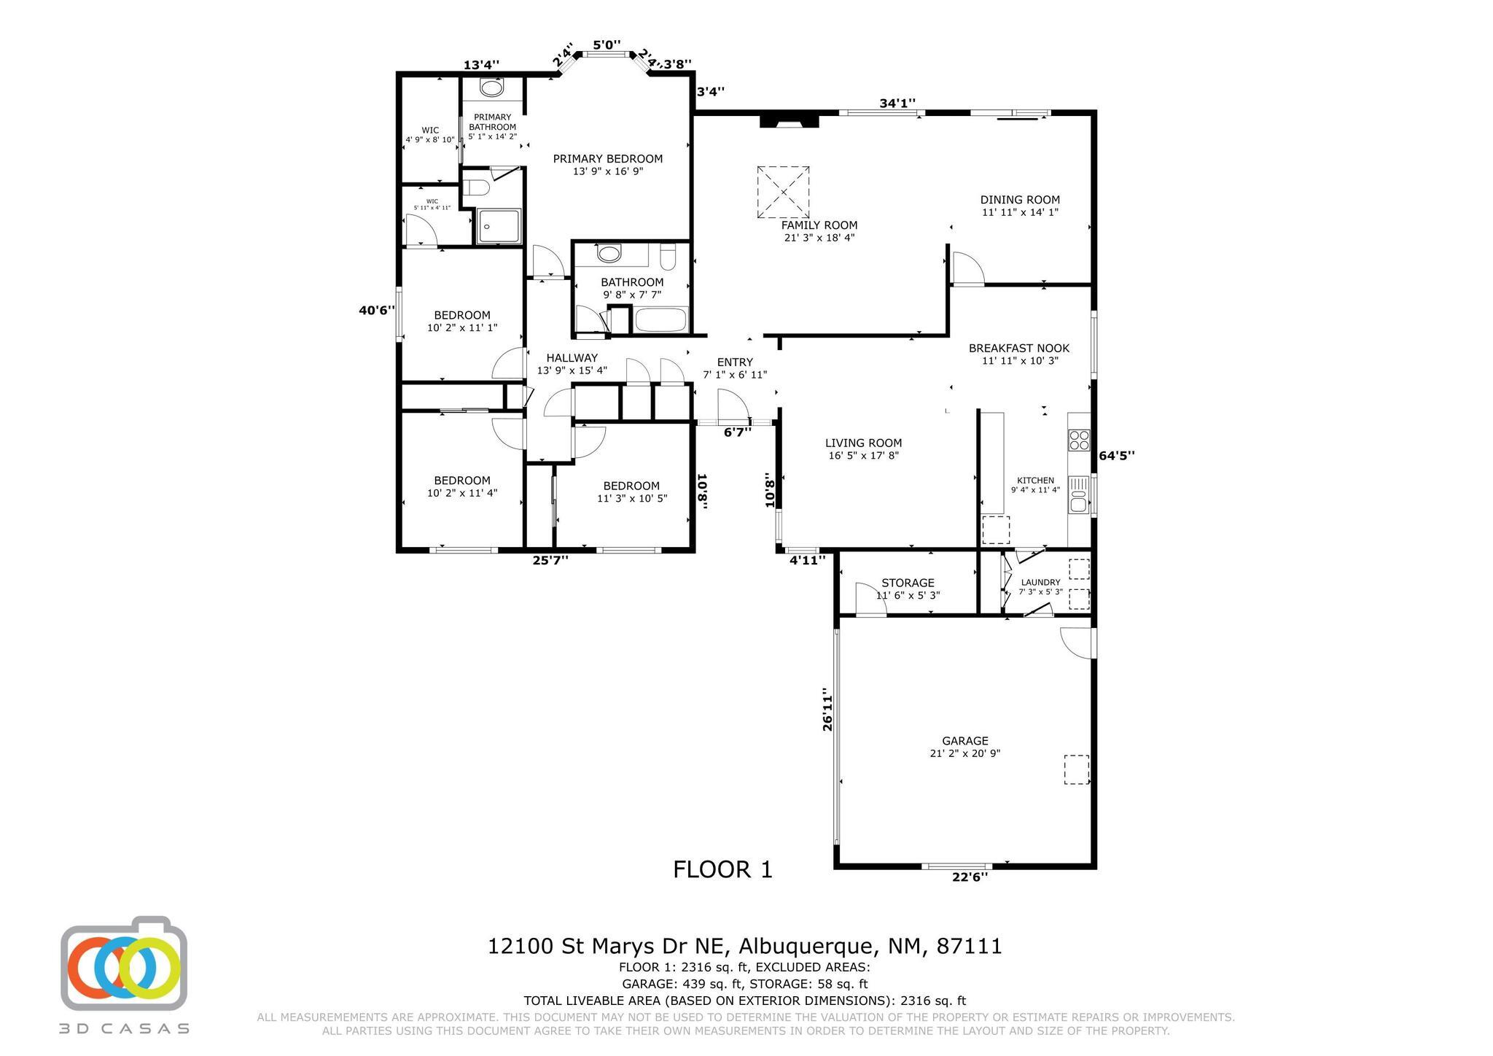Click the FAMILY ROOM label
(x=819, y=225)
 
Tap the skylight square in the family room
(x=783, y=192)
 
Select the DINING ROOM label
(x=1020, y=200)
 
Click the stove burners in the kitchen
(x=1079, y=440)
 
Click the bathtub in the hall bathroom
(x=661, y=320)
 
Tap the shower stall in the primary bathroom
(x=499, y=226)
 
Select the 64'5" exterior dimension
(x=1117, y=456)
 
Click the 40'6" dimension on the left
(x=377, y=311)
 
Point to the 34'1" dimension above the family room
(x=897, y=104)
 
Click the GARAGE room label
(x=965, y=741)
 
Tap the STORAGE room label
(x=908, y=583)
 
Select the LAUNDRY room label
(x=1040, y=582)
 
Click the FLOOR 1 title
(x=722, y=869)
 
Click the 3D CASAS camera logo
(x=124, y=963)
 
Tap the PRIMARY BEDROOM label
(x=608, y=159)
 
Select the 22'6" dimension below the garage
(x=970, y=877)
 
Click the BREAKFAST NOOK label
(x=1019, y=349)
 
